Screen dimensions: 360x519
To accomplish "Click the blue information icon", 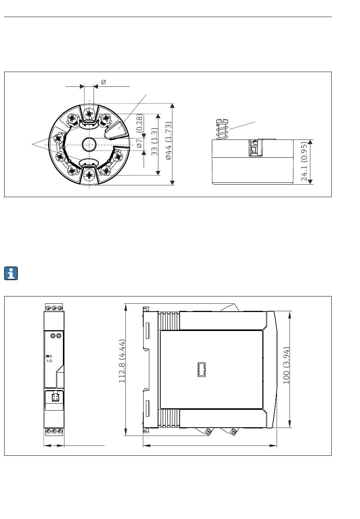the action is (11, 273).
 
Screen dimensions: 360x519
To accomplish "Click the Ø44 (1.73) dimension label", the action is (169, 141).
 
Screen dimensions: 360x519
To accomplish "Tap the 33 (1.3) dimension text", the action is (154, 141).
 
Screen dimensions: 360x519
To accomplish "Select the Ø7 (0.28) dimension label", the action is (139, 131).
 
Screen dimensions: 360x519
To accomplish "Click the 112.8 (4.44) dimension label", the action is (122, 361).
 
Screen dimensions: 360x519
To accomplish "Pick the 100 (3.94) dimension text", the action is (286, 365).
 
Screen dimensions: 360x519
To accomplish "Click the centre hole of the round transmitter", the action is (89, 144).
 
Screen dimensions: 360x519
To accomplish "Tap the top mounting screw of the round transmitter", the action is (89, 114).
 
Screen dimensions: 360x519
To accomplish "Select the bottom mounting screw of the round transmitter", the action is (89, 175).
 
